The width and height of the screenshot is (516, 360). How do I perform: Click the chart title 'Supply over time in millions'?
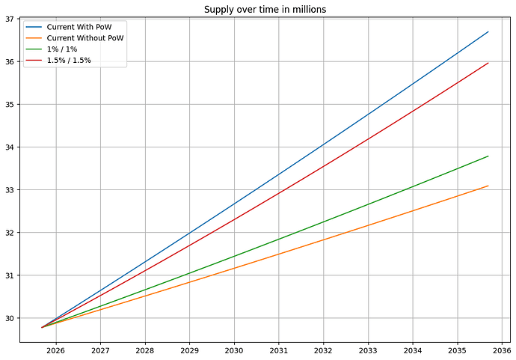point(265,9)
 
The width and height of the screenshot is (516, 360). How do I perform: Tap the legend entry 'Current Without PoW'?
point(85,38)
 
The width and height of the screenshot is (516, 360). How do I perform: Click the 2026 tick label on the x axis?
point(56,350)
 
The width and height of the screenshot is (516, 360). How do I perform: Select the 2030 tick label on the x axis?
point(234,350)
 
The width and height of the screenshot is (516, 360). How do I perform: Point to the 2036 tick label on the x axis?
point(502,350)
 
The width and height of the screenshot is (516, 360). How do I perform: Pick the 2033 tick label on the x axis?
point(368,350)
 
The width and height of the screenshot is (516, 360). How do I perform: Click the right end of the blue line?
point(488,31)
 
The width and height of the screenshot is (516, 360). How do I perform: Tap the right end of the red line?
point(488,63)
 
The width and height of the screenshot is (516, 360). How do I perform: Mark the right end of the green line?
point(488,156)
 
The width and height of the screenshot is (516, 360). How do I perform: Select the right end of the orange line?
point(488,186)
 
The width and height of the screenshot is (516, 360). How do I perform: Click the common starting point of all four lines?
point(42,327)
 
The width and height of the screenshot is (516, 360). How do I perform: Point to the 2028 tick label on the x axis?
point(145,350)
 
